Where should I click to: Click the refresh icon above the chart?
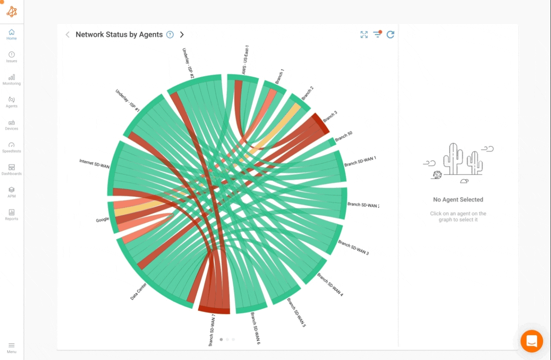pyautogui.click(x=390, y=35)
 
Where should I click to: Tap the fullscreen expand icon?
pyautogui.click(x=364, y=35)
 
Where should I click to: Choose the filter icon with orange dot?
pyautogui.click(x=377, y=34)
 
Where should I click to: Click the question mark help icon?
pyautogui.click(x=170, y=35)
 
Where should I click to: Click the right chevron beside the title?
pyautogui.click(x=182, y=35)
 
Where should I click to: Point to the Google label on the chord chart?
pyautogui.click(x=102, y=220)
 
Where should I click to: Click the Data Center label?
pyautogui.click(x=139, y=291)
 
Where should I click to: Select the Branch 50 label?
pyautogui.click(x=344, y=137)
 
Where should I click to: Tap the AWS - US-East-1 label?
pyautogui.click(x=245, y=60)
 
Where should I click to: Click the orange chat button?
pyautogui.click(x=532, y=341)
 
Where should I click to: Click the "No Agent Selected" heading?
pyautogui.click(x=458, y=199)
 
